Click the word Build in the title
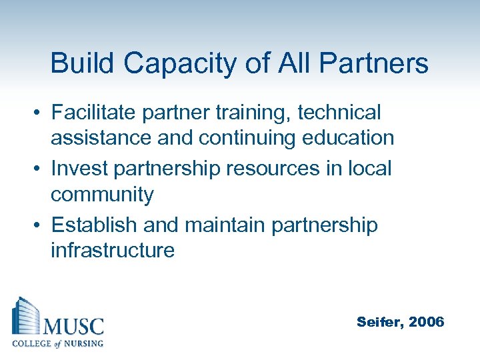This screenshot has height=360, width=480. coord(79,64)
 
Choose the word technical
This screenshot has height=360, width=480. coord(339,112)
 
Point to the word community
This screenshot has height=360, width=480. coord(102,195)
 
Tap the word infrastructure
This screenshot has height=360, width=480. coord(113,251)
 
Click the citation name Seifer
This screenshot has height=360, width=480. coord(380,323)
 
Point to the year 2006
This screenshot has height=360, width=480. coord(426,322)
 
